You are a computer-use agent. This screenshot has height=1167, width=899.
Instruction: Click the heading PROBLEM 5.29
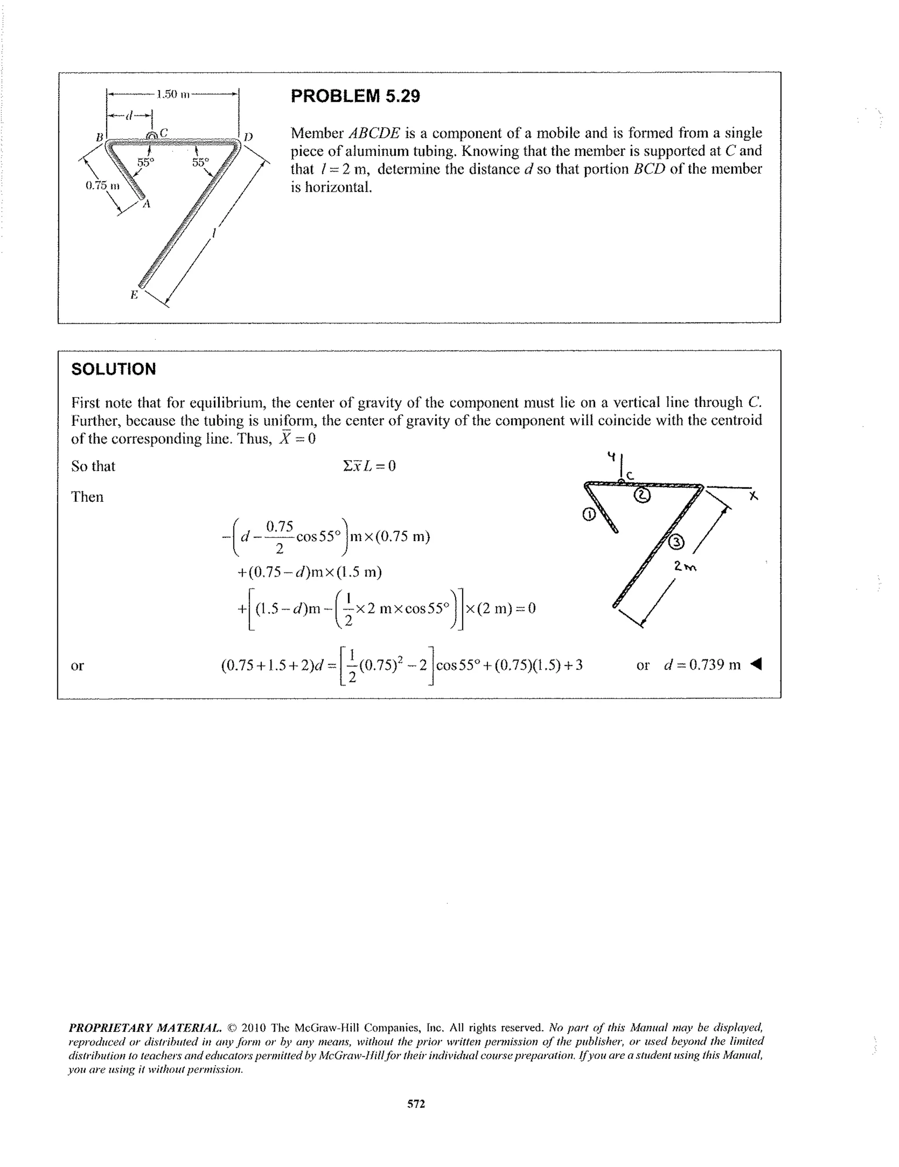[355, 96]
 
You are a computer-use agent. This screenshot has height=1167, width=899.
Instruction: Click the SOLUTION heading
[114, 369]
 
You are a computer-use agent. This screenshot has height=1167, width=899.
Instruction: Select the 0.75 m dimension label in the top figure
[103, 185]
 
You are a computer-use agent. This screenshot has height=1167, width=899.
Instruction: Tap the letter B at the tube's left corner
[99, 137]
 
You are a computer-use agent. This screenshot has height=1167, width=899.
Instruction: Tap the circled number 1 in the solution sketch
[588, 515]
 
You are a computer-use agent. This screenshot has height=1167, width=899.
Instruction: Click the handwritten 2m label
[685, 566]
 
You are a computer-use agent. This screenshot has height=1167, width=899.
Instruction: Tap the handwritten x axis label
[753, 497]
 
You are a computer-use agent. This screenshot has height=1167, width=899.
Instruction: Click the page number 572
[416, 1103]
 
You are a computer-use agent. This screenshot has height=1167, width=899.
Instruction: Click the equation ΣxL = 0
[370, 466]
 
